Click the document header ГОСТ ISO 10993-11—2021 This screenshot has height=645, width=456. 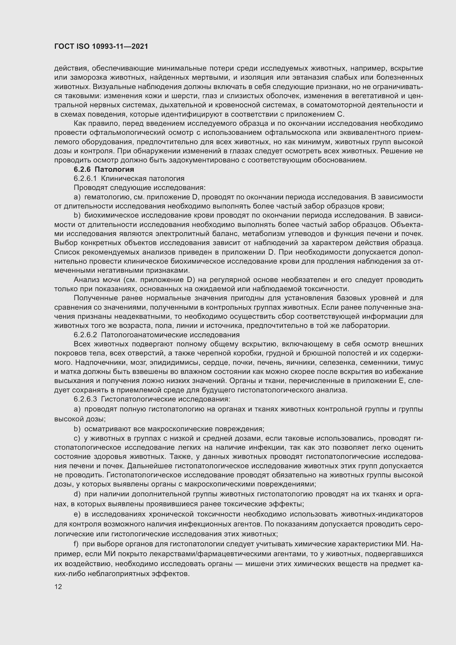click(x=101, y=46)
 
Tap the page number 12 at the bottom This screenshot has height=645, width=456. click(x=58, y=587)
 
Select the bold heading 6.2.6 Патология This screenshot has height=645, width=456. click(x=104, y=169)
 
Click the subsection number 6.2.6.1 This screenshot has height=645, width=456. click(x=85, y=179)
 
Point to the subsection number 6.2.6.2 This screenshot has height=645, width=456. click(x=85, y=335)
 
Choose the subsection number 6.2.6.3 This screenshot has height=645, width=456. click(x=85, y=399)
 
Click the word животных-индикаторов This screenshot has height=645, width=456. click(x=382, y=514)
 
